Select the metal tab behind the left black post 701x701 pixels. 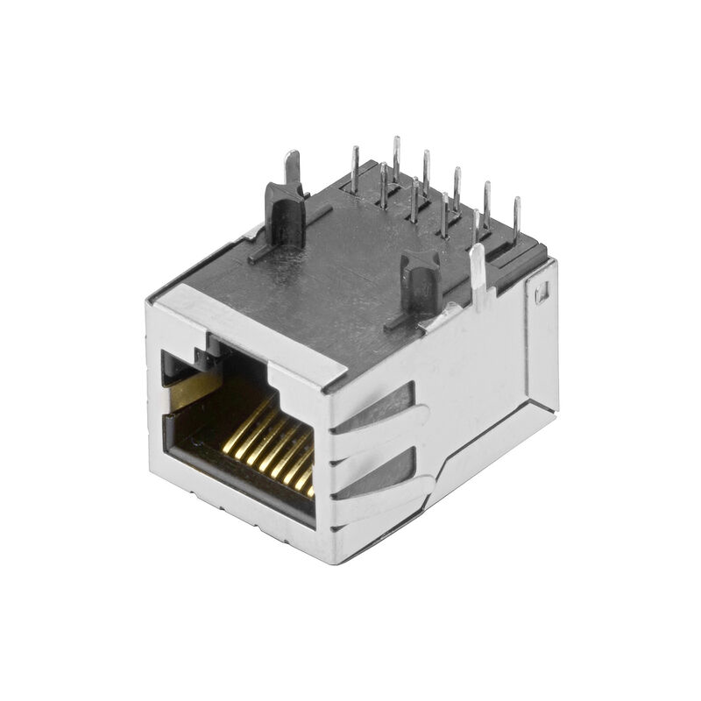293,166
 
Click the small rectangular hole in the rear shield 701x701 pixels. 541,292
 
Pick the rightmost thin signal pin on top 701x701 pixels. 517,217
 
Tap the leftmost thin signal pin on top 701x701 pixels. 354,168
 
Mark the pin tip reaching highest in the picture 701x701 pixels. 396,142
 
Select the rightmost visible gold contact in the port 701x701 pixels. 308,473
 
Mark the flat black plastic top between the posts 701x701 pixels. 350,263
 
